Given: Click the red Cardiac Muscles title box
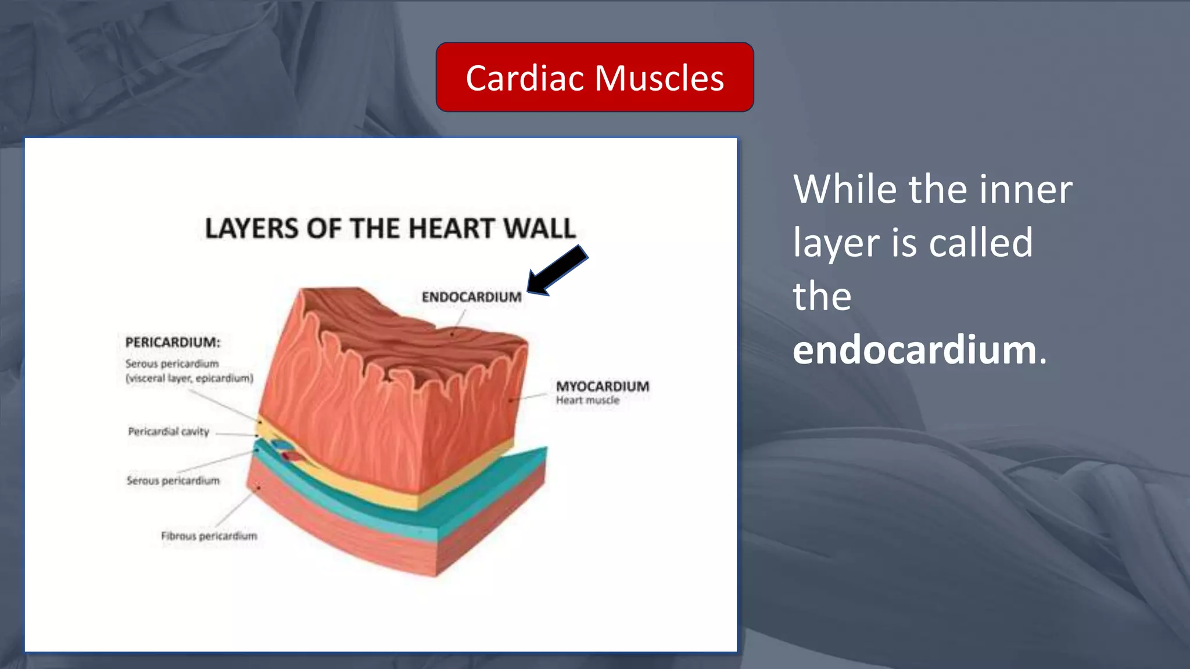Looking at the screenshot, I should pyautogui.click(x=594, y=77).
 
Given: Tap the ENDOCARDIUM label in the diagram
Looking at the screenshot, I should pyautogui.click(x=471, y=297).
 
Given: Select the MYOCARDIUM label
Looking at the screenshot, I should pyautogui.click(x=603, y=386).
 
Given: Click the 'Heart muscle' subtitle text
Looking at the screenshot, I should pyautogui.click(x=587, y=400).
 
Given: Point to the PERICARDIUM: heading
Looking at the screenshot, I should pyautogui.click(x=173, y=342).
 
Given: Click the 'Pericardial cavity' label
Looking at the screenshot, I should pyautogui.click(x=169, y=431).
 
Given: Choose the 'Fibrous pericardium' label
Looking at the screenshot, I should pyautogui.click(x=209, y=535).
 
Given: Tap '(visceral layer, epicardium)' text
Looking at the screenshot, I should pyautogui.click(x=189, y=378).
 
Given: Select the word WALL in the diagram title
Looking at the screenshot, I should pyautogui.click(x=540, y=228).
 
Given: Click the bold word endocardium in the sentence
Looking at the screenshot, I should pyautogui.click(x=915, y=350).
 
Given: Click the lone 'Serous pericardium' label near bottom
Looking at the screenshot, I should pyautogui.click(x=173, y=480).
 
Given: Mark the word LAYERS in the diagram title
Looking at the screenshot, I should pyautogui.click(x=252, y=228).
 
